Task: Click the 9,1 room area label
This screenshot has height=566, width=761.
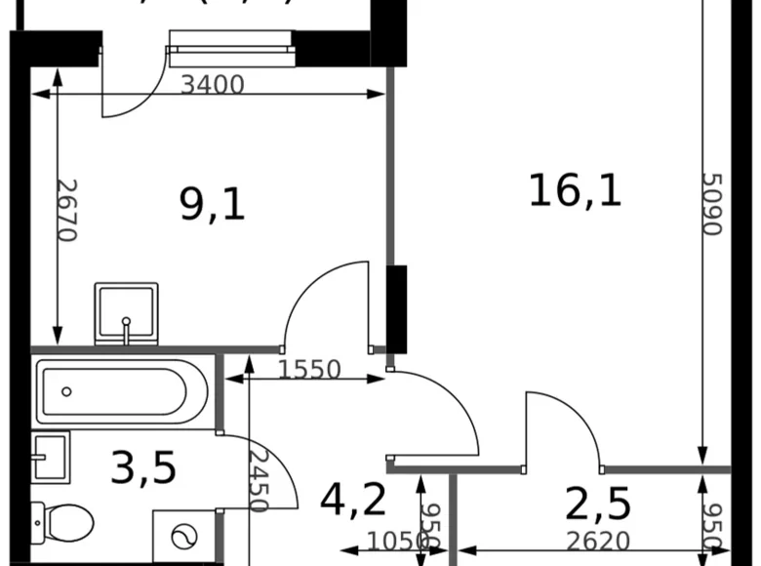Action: pyautogui.click(x=212, y=204)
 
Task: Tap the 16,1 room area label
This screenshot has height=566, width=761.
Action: pyautogui.click(x=575, y=188)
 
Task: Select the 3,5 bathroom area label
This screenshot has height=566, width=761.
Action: pyautogui.click(x=143, y=467)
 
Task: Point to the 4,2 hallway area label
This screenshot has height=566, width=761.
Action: pyautogui.click(x=354, y=501)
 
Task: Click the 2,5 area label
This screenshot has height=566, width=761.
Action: pyautogui.click(x=598, y=505)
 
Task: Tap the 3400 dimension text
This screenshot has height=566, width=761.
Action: pyautogui.click(x=212, y=85)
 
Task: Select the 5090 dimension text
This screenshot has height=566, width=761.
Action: pyautogui.click(x=712, y=204)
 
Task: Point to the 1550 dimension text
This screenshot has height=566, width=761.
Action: pyautogui.click(x=308, y=370)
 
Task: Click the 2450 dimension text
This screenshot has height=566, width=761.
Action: pyautogui.click(x=258, y=479)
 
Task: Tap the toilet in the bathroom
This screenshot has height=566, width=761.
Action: pyautogui.click(x=61, y=522)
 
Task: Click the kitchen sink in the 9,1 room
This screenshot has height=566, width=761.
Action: pyautogui.click(x=126, y=312)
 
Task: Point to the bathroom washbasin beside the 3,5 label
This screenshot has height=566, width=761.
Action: pyautogui.click(x=50, y=457)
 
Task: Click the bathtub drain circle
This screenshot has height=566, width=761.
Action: pyautogui.click(x=66, y=392)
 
